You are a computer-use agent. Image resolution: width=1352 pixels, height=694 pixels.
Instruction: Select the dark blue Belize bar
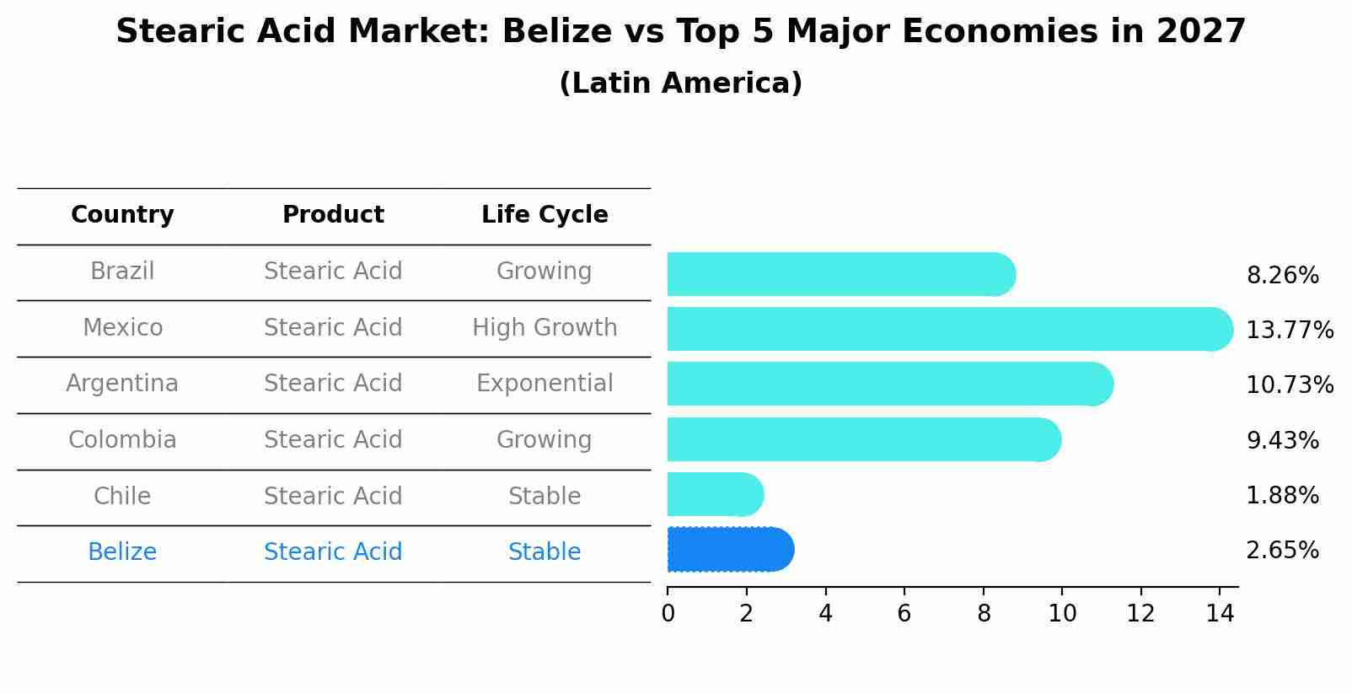[x=729, y=550]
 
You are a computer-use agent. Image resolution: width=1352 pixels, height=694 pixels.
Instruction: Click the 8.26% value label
[x=1282, y=276]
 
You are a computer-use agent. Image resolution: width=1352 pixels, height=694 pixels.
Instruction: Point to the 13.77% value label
[x=1289, y=330]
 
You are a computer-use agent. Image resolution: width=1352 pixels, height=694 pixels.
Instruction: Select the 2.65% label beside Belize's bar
[x=1282, y=551]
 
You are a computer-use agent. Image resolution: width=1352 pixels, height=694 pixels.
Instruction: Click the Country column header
[x=122, y=215]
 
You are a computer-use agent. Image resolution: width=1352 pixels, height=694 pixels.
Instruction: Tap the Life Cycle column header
[x=545, y=215]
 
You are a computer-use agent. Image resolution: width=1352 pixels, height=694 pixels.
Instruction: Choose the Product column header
[x=333, y=215]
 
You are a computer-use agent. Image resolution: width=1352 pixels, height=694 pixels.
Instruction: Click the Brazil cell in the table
[x=122, y=272]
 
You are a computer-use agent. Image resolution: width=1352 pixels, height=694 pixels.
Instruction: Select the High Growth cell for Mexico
[x=545, y=327]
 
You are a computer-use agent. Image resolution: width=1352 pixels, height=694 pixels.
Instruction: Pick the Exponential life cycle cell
[x=545, y=384]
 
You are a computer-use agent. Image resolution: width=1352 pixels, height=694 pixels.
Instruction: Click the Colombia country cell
[x=122, y=440]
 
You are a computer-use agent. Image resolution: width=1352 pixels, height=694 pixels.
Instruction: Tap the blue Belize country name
[x=122, y=552]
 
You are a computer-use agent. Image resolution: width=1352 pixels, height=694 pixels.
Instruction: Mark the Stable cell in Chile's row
[x=545, y=496]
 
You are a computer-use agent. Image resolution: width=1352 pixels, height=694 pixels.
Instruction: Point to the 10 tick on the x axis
[x=1062, y=614]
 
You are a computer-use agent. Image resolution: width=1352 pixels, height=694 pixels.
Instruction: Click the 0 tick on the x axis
[x=668, y=614]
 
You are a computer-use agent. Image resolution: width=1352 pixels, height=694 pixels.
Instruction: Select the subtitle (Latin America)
[x=680, y=83]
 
